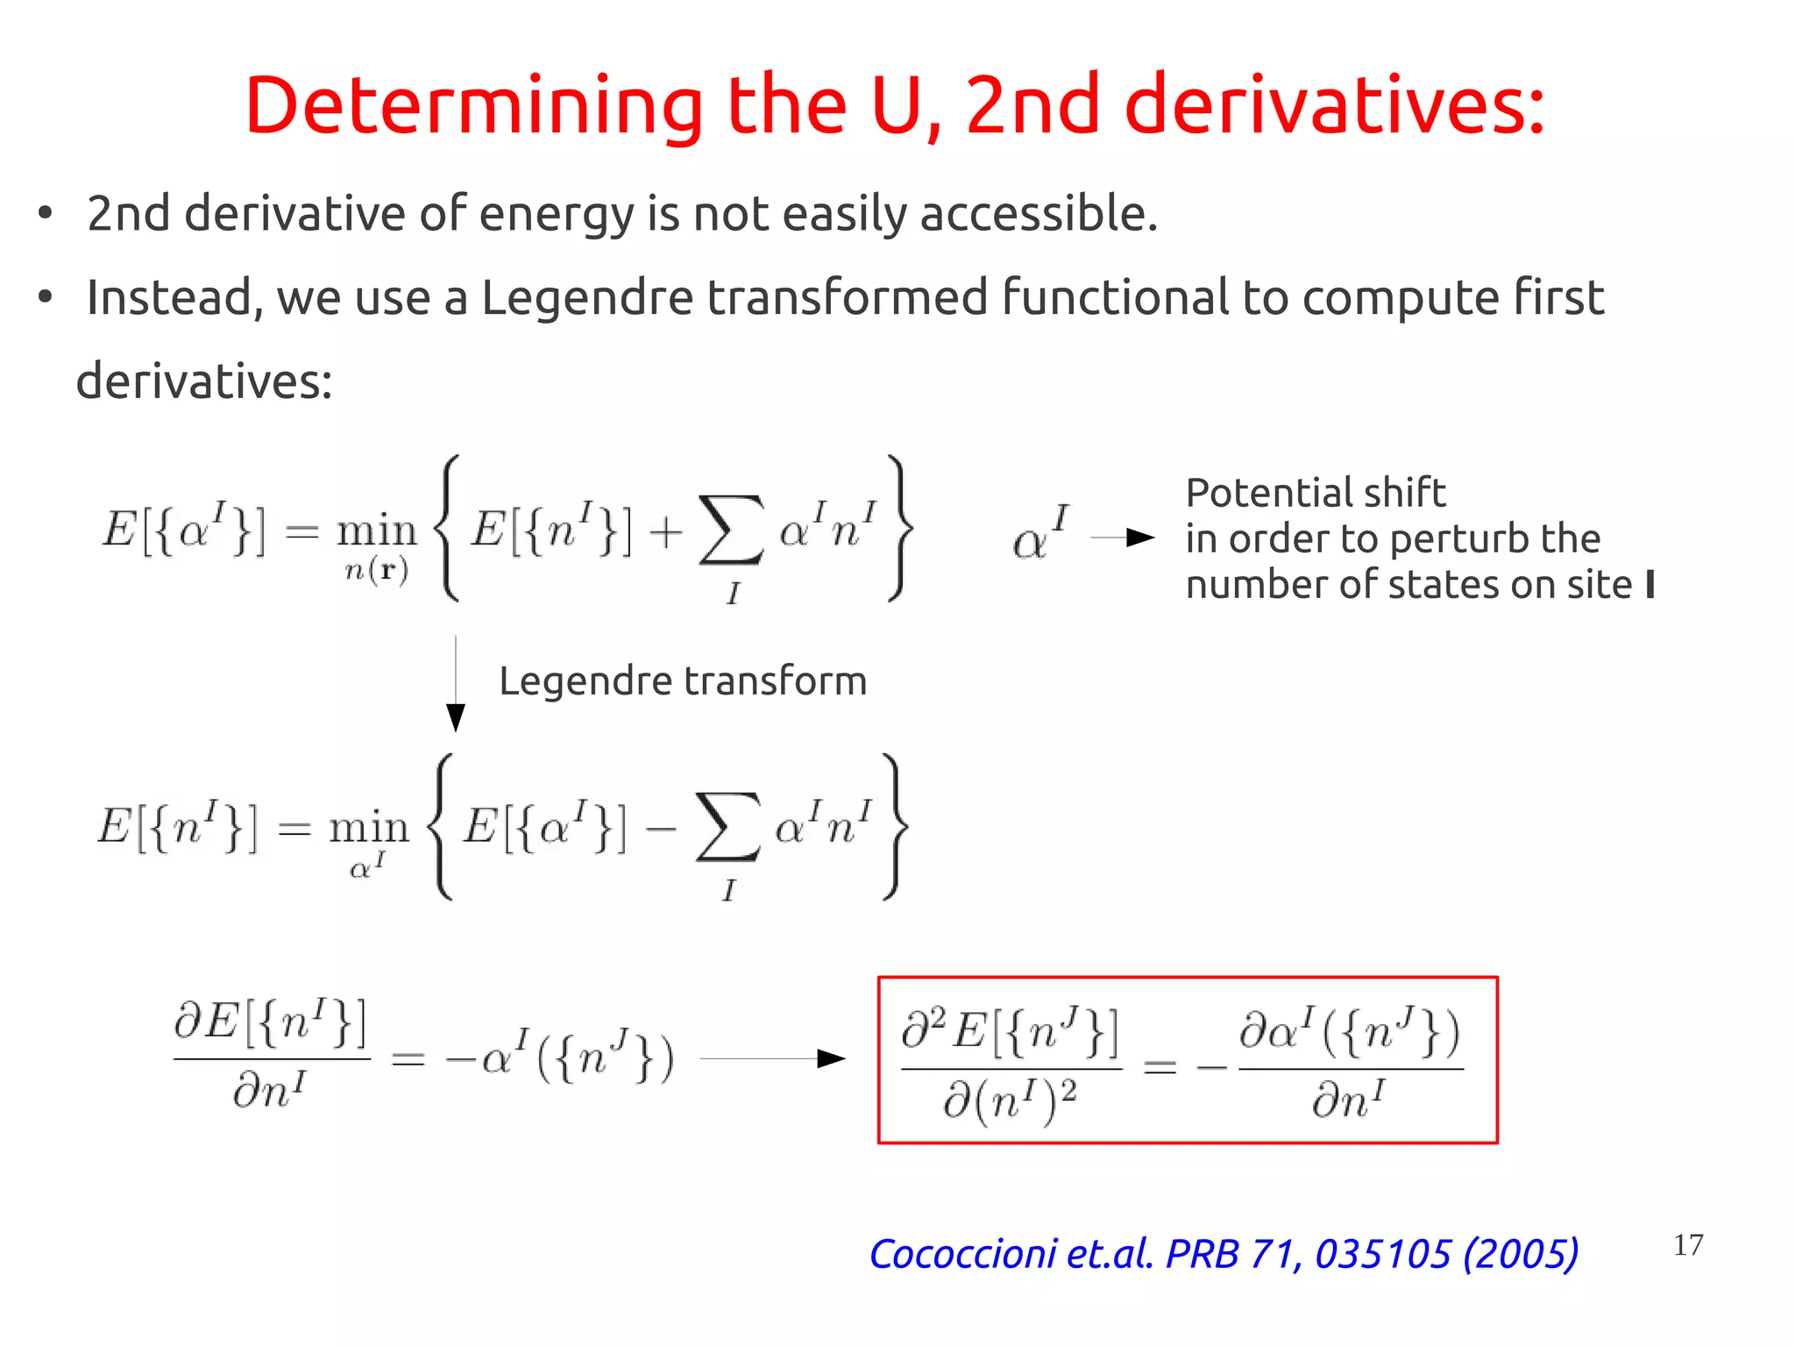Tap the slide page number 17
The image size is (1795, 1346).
pyautogui.click(x=1687, y=1244)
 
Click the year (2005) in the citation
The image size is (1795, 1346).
pyautogui.click(x=1521, y=1253)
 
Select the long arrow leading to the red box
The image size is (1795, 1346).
pyautogui.click(x=772, y=1058)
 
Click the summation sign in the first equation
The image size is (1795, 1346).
pyautogui.click(x=730, y=530)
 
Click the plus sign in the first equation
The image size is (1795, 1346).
pyautogui.click(x=666, y=531)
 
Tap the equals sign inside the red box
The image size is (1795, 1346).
pyautogui.click(x=1160, y=1066)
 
